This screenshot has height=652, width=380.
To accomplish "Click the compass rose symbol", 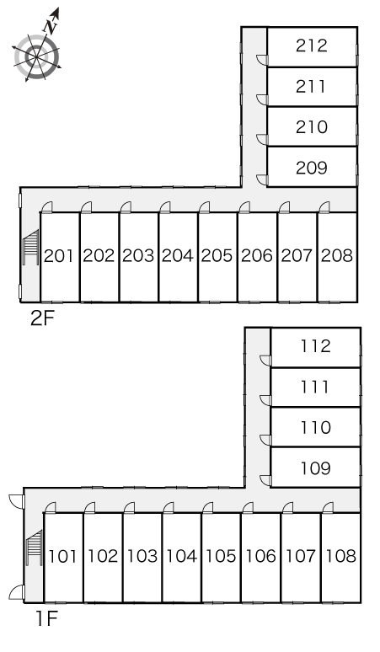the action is pyautogui.click(x=36, y=57).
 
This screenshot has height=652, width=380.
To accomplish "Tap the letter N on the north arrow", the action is pyautogui.click(x=51, y=28).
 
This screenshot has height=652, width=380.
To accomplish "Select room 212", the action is pyautogui.click(x=312, y=46).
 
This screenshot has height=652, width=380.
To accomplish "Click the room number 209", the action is pyautogui.click(x=312, y=168).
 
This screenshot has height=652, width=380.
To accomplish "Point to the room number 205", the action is pyautogui.click(x=217, y=256).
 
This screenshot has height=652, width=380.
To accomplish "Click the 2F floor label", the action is pyautogui.click(x=42, y=319).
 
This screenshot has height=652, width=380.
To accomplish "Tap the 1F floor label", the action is pyautogui.click(x=46, y=619).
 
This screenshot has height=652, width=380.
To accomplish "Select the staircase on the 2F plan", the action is pyautogui.click(x=31, y=247).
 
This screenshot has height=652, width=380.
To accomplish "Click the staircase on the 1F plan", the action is pyautogui.click(x=35, y=548).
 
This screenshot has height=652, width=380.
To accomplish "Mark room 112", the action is pyautogui.click(x=316, y=347).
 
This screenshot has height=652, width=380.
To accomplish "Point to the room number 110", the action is pyautogui.click(x=316, y=427).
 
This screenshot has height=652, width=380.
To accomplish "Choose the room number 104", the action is pyautogui.click(x=182, y=556).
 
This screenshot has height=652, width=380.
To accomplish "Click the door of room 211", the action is pyautogui.click(x=262, y=100).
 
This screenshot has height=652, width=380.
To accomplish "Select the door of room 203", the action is pyautogui.click(x=126, y=207).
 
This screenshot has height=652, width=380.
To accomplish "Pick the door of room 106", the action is pyautogui.click(x=248, y=508).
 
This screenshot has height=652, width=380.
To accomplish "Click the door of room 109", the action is pyautogui.click(x=265, y=481).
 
